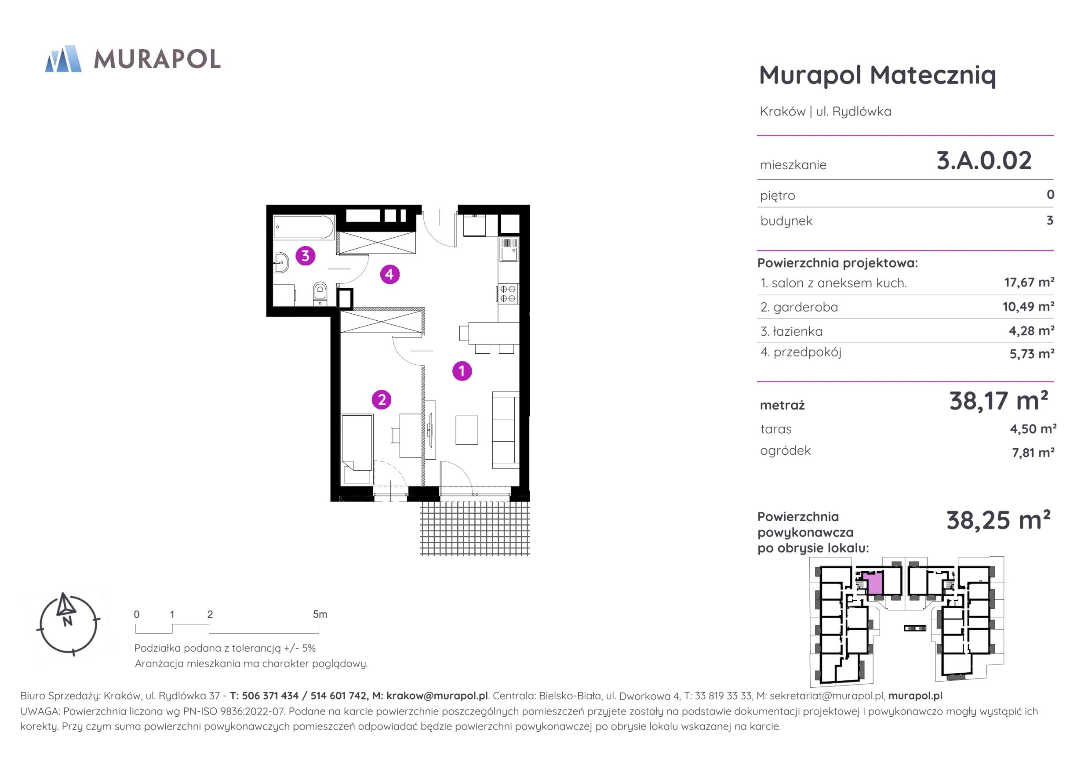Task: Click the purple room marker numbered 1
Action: pos(462,371)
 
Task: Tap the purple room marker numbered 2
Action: pos(382,400)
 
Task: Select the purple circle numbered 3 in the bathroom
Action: pos(305,256)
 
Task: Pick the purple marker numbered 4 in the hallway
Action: pos(389,274)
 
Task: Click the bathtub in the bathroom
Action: pos(304,228)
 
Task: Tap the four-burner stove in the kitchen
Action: pos(508,294)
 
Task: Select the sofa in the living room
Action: pos(506,430)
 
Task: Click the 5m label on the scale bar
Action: pos(320,614)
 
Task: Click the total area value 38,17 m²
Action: pos(998,401)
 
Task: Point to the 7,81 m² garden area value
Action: pos(1033,453)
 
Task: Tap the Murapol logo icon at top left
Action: pos(63,59)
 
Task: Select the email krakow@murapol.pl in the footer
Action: pos(437,696)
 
